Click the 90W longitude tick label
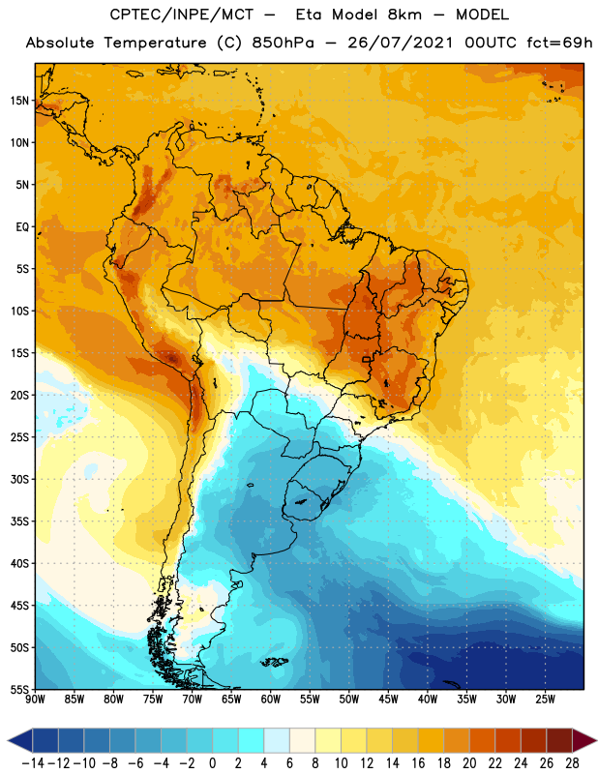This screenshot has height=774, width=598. tap(36, 699)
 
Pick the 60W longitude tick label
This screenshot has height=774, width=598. tap(270, 699)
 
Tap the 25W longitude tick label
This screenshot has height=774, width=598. tap(544, 699)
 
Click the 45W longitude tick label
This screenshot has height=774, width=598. tap(387, 699)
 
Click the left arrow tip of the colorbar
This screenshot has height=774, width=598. tap(11, 740)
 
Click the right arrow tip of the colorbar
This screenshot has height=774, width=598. tap(591, 740)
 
